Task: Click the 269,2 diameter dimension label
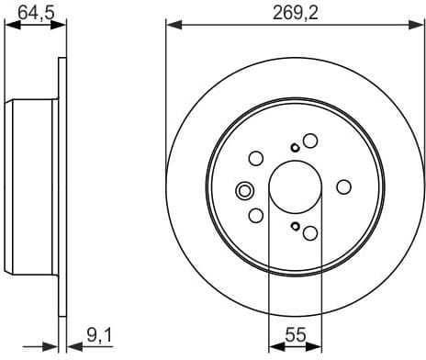[294, 12]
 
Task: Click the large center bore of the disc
[295, 187]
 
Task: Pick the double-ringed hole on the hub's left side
[245, 191]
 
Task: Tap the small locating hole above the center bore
[294, 148]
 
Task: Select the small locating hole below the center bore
[294, 227]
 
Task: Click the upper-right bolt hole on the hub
[310, 141]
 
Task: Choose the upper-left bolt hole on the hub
[256, 157]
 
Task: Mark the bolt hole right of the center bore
[344, 187]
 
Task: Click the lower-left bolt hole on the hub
[256, 218]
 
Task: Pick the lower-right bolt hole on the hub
[310, 234]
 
